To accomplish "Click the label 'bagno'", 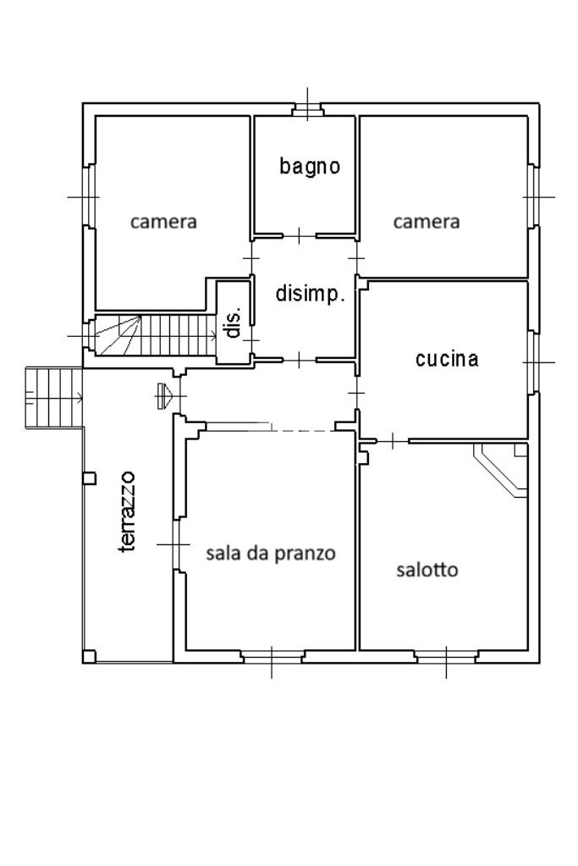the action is pos(310,167).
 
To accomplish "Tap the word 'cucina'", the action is pos(447,359).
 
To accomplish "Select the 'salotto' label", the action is pos(427,570).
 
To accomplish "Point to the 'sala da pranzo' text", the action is pos(271,554).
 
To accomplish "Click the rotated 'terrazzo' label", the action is pos(128,511).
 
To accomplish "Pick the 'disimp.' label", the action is pos(310,295).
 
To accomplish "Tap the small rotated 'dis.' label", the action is pos(234,322).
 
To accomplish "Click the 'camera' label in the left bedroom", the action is pos(163,222).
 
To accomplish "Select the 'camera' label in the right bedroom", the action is pos(427,222).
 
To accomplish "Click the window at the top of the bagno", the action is pos(307,109).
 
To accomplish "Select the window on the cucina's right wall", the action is pos(534,361).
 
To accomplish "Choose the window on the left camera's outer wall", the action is pos(88,196).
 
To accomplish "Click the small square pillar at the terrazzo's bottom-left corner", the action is pos(89,656).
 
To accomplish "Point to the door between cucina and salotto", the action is pos(394,441).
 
